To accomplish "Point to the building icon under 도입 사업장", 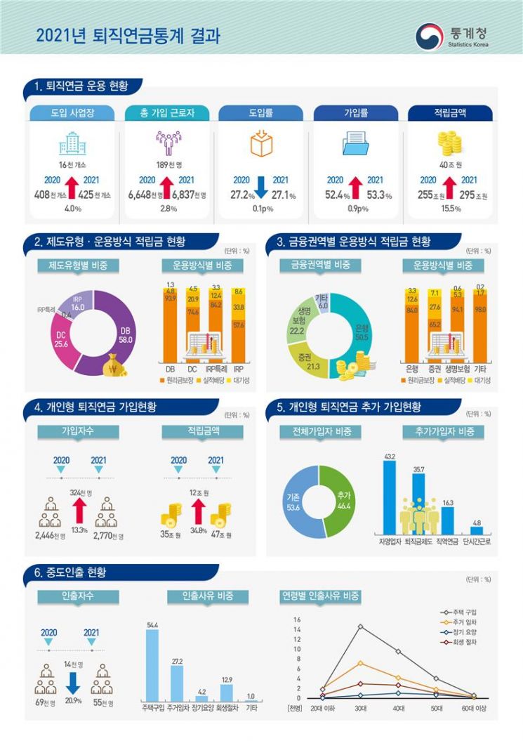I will tap(72, 143).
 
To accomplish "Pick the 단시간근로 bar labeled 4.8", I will tap(476, 531).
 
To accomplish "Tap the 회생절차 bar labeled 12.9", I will tap(226, 693).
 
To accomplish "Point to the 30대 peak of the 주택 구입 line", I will tap(360, 626).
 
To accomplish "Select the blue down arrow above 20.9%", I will tap(72, 684).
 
